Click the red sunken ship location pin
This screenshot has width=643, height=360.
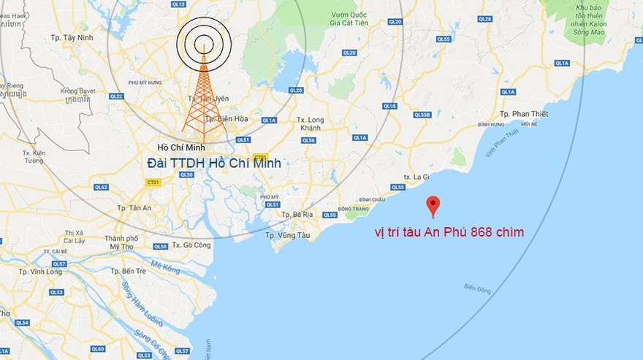pos(433,205)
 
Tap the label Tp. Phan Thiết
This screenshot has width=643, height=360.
pos(520,114)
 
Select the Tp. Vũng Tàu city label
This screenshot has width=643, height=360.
pos(288,235)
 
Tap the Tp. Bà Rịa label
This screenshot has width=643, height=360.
pos(297,214)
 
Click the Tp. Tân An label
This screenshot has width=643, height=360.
pos(134,207)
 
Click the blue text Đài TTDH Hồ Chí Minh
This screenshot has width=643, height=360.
pos(213,164)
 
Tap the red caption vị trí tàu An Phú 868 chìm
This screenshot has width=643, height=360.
pos(448,232)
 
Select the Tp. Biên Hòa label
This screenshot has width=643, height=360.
pos(221,118)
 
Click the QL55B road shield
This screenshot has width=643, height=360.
pos(422,115)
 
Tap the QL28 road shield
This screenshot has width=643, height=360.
pos(485,18)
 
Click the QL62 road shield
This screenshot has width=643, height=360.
pos(101,188)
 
